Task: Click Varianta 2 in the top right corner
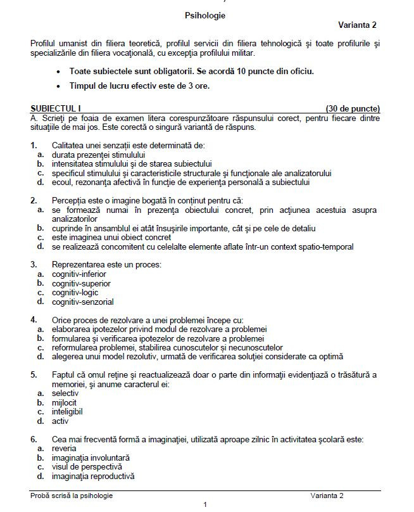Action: [x=357, y=25]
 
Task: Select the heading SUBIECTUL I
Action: [x=56, y=108]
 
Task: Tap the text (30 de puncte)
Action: [x=353, y=108]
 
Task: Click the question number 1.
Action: [x=34, y=145]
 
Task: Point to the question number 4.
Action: [x=34, y=320]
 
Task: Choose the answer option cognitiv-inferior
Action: [x=79, y=274]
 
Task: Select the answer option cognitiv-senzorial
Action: [x=82, y=302]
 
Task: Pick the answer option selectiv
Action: [x=65, y=394]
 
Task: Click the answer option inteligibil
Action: [x=69, y=411]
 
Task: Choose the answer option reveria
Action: [x=65, y=448]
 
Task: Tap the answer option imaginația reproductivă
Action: [x=92, y=476]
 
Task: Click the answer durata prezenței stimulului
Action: [x=98, y=155]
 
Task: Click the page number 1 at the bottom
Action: [x=205, y=505]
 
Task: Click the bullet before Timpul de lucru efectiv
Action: [x=59, y=86]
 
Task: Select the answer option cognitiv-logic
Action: [x=75, y=293]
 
